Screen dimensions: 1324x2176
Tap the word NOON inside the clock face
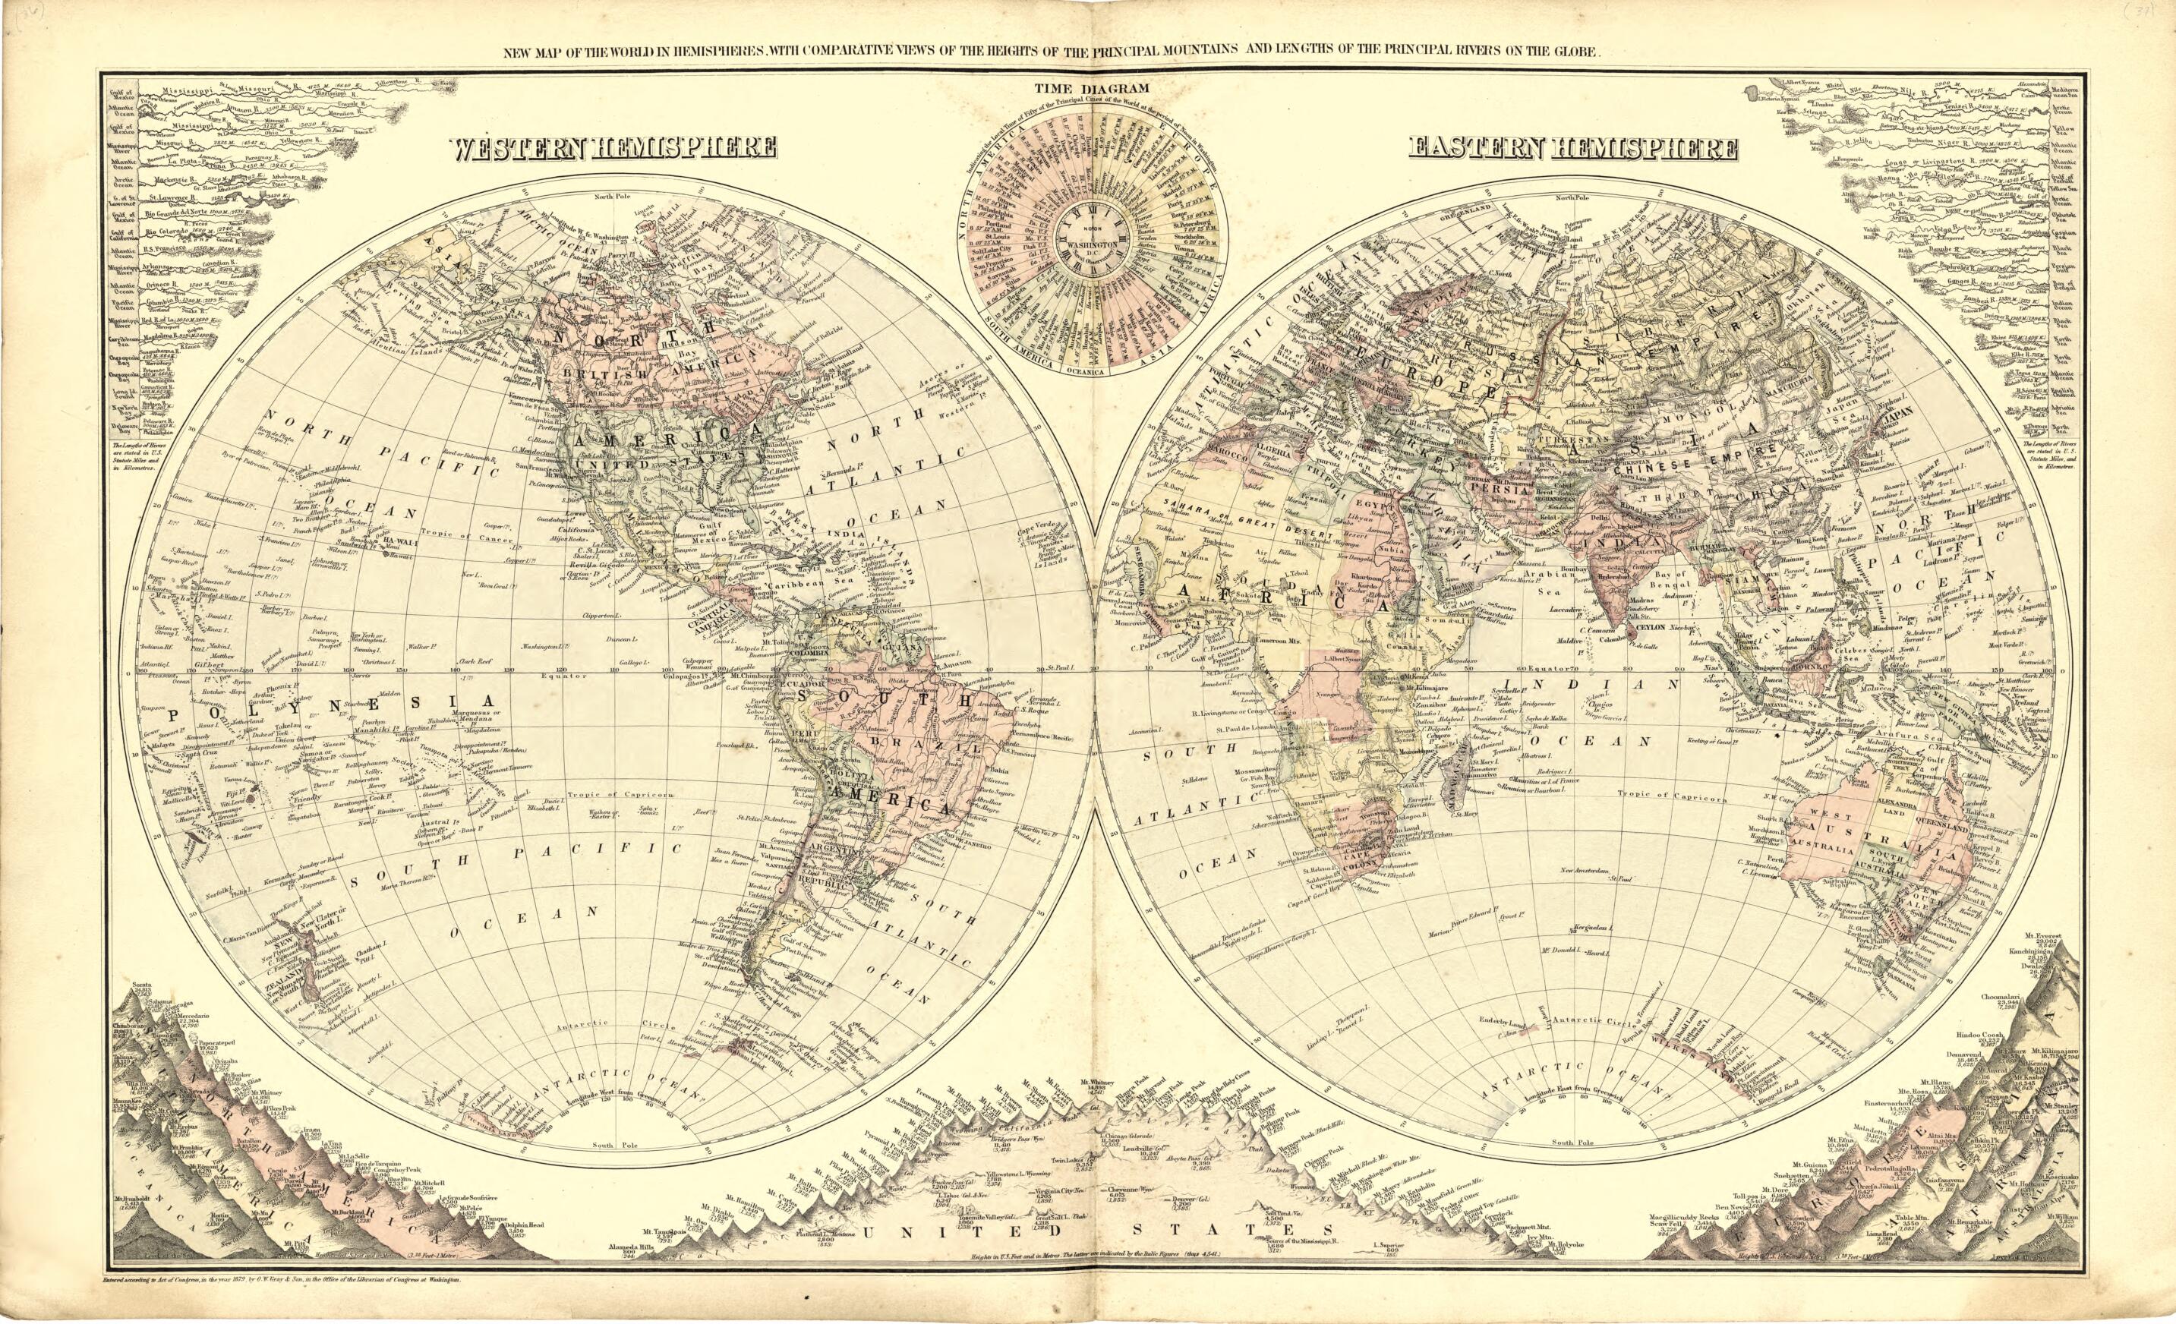pyautogui.click(x=1092, y=229)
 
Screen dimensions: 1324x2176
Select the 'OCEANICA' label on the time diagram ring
pyautogui.click(x=1093, y=372)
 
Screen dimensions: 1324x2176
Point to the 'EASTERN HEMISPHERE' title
pyautogui.click(x=1572, y=147)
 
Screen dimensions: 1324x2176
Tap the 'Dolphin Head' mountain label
pyautogui.click(x=522, y=1225)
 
